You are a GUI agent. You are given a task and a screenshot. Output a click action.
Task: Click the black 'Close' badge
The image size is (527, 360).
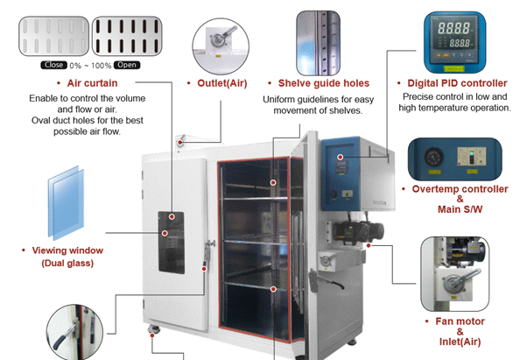[x=53, y=65]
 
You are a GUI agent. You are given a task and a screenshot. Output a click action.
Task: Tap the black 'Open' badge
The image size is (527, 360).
[x=126, y=65]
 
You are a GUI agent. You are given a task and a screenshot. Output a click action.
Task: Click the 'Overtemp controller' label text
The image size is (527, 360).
[x=460, y=188]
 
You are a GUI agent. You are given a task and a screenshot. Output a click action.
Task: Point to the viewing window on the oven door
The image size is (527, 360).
[x=172, y=240]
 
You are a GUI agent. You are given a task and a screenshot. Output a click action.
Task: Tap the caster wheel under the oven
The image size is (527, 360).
[x=156, y=330]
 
